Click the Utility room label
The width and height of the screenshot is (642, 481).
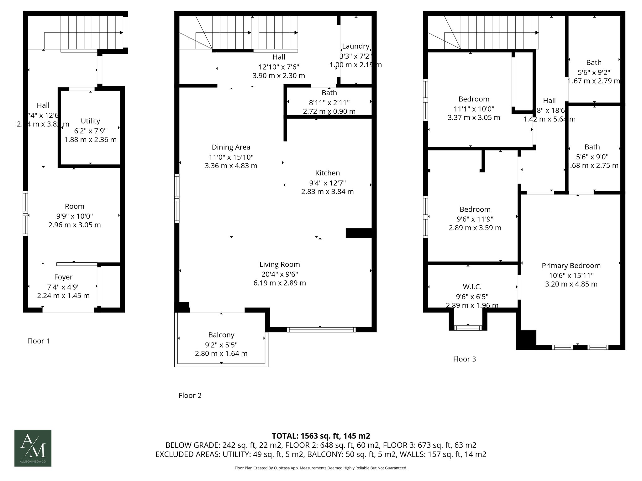coord(90,121)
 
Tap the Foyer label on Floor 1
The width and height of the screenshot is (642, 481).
coord(63,277)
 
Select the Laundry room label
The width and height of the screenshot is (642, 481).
coord(355,46)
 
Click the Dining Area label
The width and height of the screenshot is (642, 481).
coord(231,147)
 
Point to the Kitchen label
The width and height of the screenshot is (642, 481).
coord(327,173)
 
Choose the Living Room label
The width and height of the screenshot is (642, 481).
coord(280,265)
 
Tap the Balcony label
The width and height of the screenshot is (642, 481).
coord(221,335)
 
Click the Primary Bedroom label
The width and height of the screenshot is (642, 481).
coord(571,266)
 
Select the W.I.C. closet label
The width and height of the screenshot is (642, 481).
coord(472,287)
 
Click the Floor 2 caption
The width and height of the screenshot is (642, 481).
coord(190,396)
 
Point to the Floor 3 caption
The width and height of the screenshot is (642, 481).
coord(464,359)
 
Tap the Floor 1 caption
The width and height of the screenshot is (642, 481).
coord(39,341)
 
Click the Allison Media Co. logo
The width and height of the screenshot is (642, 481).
coord(33,448)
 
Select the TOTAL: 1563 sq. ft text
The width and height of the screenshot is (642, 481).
coord(321,436)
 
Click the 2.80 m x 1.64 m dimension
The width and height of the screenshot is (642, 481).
coord(221,354)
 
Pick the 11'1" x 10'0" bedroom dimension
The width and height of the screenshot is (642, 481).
coord(474,109)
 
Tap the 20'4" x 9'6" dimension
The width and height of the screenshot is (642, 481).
coord(280,274)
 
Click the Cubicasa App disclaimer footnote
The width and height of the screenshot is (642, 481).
coord(321,468)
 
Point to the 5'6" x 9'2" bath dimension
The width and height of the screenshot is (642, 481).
coord(594,72)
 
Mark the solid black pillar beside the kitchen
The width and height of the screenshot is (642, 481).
coord(359,233)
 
